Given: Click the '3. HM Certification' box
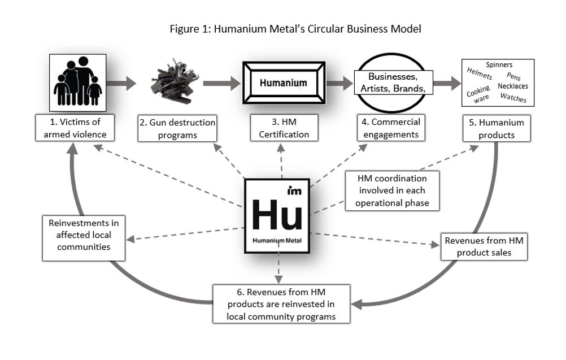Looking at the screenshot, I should click(x=284, y=128).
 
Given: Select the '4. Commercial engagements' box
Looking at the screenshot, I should click(x=389, y=128).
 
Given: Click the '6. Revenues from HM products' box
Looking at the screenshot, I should click(x=281, y=303).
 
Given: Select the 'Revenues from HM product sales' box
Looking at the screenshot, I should click(x=484, y=246).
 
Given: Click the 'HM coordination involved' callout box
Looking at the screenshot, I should click(x=392, y=190).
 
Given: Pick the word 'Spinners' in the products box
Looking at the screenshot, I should click(x=499, y=65).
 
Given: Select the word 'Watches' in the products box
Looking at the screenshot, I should click(x=513, y=98).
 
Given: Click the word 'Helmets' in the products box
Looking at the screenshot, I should click(x=479, y=73).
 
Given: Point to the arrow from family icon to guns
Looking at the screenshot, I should click(x=121, y=84).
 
